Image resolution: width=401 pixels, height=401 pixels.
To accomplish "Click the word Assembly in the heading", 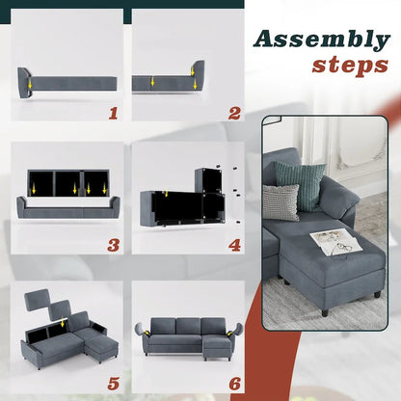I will [320, 40].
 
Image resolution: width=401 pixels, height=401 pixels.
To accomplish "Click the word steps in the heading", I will [349, 67].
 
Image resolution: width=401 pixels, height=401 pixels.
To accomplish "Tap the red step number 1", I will [113, 113].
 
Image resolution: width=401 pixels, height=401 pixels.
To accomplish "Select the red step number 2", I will [234, 113].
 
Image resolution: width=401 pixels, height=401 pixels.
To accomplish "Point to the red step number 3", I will [113, 245].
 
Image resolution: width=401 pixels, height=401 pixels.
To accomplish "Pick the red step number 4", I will [234, 245].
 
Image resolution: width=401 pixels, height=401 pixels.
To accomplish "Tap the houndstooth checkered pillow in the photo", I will [281, 202].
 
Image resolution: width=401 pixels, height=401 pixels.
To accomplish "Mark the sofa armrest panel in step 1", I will [25, 81].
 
